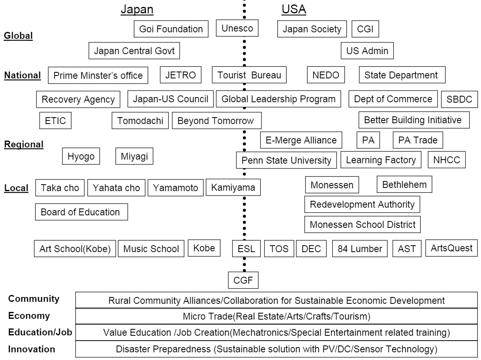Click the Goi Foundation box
point(171,29)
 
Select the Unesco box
point(237,28)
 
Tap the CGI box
point(365,29)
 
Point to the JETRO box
point(181,75)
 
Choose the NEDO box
point(326,75)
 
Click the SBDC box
point(460,99)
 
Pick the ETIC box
point(55,120)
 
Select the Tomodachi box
point(140,120)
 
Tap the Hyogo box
point(81,156)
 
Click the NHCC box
point(447,160)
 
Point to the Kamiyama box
point(233,187)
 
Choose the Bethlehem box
point(405,184)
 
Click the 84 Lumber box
point(360,248)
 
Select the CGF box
point(243,280)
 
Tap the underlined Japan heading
point(137,9)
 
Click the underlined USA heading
point(294,9)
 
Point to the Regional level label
point(23,144)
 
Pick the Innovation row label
point(32,349)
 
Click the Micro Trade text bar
point(276,316)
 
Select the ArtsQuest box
point(451,248)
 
